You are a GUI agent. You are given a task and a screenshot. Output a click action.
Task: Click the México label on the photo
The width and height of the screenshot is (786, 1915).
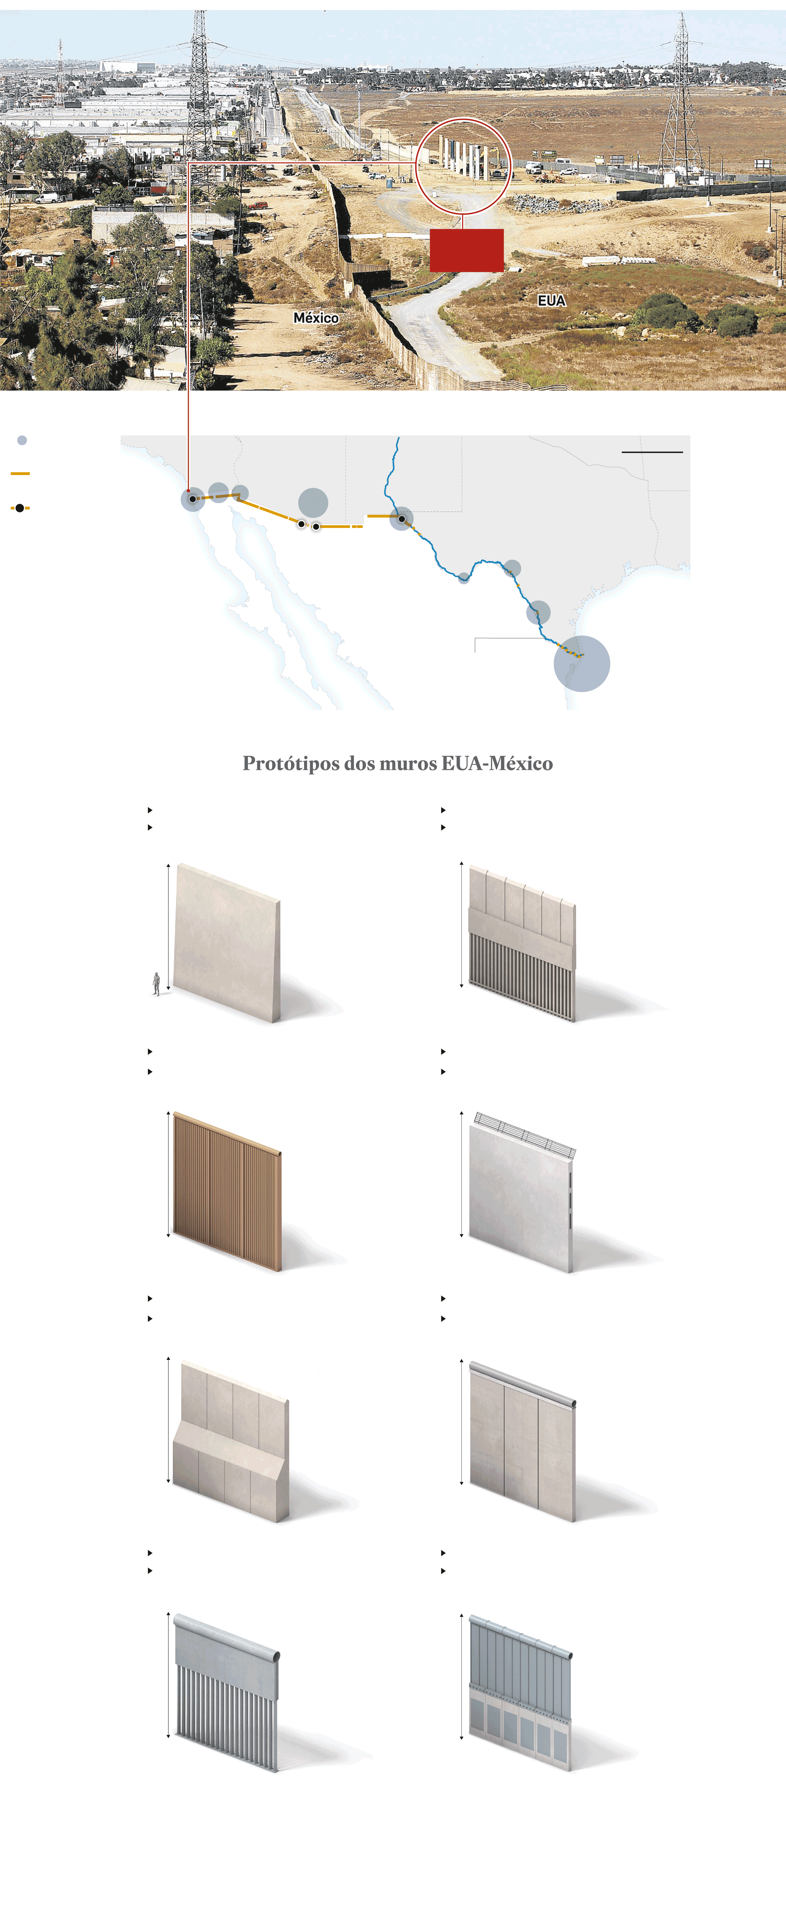(316, 317)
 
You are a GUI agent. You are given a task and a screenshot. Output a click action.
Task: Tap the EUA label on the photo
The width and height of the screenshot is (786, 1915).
(552, 300)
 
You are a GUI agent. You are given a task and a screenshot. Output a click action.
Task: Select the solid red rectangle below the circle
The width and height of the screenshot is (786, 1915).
(466, 250)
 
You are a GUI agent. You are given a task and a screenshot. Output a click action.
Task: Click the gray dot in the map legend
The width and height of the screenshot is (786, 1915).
(22, 440)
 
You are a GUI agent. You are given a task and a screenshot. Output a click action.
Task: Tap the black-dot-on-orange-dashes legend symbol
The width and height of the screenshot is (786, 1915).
(20, 508)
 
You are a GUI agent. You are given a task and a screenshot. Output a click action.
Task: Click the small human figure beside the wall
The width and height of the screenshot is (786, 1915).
(156, 984)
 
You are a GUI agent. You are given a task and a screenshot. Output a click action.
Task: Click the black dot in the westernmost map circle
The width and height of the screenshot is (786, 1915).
(193, 499)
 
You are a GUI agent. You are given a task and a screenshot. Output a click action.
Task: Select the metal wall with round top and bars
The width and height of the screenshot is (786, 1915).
(227, 1693)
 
